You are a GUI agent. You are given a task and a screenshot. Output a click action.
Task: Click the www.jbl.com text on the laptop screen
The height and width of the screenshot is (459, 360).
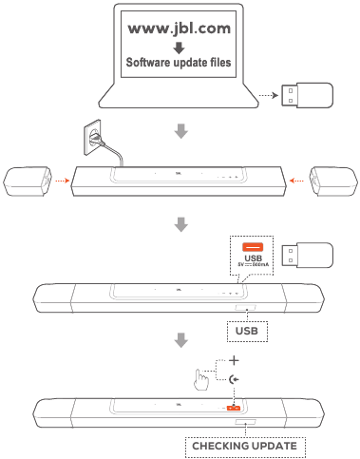179,29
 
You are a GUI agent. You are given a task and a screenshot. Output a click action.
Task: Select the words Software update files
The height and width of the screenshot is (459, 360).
179,65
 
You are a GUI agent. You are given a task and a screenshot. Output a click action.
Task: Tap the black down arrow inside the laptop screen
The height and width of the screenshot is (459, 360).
179,47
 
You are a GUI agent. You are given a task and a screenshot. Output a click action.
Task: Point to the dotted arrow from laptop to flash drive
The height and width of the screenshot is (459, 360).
271,95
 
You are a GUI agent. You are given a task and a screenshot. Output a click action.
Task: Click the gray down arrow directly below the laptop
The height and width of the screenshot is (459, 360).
180,131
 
